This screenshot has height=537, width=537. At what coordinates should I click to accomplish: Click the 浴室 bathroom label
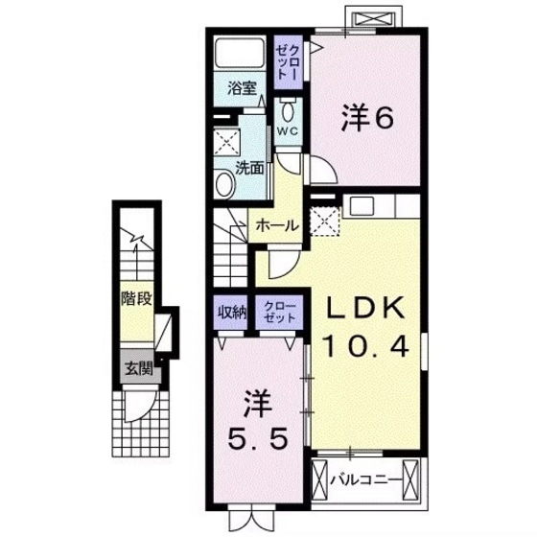(242, 89)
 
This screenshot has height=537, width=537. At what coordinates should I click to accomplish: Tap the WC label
(289, 128)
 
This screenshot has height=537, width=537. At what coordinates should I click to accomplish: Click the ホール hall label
(276, 227)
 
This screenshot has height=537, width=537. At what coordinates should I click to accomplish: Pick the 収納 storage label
(231, 311)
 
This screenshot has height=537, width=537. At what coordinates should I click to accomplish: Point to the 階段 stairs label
(135, 297)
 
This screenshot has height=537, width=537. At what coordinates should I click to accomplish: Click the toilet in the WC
(288, 105)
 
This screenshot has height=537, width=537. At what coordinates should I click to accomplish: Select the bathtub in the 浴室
(239, 52)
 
